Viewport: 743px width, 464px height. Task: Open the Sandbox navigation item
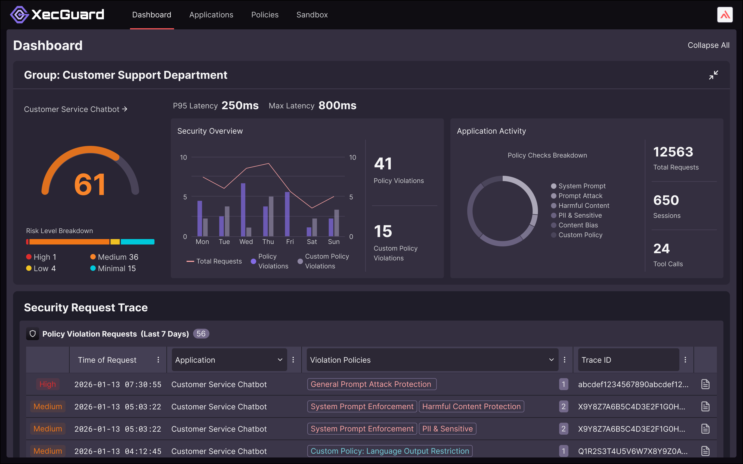pos(312,15)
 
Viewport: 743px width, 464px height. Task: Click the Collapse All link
pos(708,45)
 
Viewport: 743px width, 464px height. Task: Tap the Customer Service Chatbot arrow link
pos(76,109)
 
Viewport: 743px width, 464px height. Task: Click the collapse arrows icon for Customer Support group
pos(713,75)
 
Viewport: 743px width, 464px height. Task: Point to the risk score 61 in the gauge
pos(90,184)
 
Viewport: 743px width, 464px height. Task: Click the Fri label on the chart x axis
pos(290,242)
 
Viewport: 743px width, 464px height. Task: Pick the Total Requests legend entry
pos(214,261)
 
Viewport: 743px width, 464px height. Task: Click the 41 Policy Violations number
pos(383,164)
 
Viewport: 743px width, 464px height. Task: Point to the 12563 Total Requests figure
pos(673,152)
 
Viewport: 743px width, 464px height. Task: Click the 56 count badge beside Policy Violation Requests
pos(201,334)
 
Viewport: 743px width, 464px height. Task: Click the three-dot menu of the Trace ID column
pos(685,360)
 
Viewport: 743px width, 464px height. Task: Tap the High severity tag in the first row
pos(48,384)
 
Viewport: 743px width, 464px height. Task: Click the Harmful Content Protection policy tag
pos(471,406)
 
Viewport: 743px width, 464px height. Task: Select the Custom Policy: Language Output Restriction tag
pos(389,451)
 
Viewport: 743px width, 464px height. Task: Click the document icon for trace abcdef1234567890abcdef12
pos(705,384)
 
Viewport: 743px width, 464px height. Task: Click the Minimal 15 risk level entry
pos(113,268)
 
